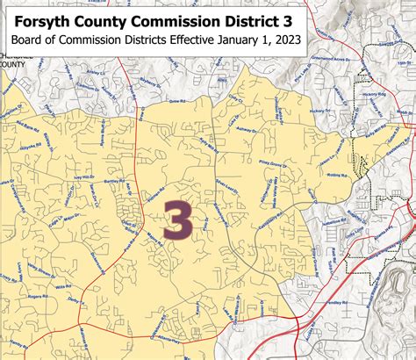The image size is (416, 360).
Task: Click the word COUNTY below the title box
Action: coord(12,63)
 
